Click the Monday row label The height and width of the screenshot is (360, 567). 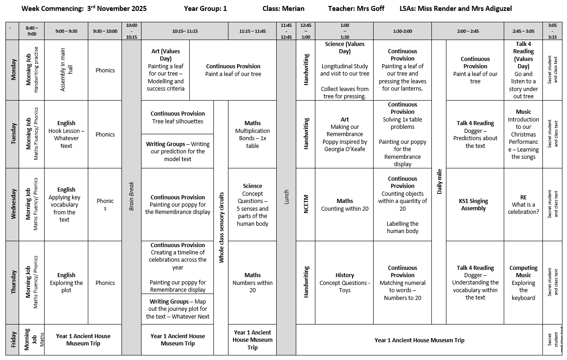point(13,70)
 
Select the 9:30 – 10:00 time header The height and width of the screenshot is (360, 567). point(105,31)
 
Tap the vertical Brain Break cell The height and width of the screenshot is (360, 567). point(132,197)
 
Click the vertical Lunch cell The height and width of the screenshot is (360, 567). point(286,197)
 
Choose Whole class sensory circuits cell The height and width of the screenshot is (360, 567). point(221,228)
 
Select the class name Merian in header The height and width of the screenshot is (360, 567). point(293,8)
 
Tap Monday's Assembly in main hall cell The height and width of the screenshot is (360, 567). point(66,70)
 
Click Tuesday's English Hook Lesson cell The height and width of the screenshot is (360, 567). point(66,134)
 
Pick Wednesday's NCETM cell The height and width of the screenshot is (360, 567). point(306,204)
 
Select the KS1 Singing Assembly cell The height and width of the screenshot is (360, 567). point(475,204)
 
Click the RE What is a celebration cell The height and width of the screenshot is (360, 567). point(523,204)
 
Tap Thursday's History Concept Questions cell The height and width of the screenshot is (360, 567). point(344,282)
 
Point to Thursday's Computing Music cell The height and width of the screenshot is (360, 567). point(523,282)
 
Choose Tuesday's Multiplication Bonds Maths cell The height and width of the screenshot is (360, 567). point(252,134)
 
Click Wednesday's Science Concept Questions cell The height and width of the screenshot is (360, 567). point(252,204)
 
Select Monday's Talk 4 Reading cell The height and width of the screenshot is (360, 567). point(523,70)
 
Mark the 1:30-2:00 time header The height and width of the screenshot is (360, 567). point(402,31)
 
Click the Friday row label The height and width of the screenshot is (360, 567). point(13,340)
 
